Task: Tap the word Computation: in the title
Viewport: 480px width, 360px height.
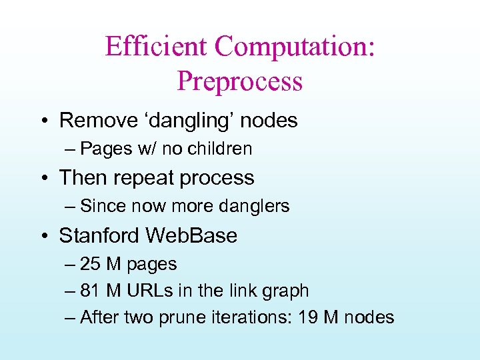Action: [295, 47]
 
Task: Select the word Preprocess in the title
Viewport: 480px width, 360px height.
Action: [240, 81]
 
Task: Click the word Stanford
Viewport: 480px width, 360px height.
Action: [99, 235]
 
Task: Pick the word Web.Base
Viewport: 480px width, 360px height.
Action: [191, 235]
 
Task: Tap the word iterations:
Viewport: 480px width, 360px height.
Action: [251, 317]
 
